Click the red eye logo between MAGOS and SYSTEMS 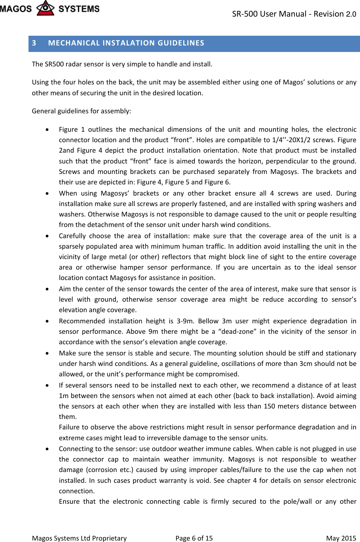[x=45, y=8]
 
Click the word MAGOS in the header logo [x=16, y=9]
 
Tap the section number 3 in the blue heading [x=34, y=43]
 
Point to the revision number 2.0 [x=351, y=14]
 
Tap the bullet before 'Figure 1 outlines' [x=48, y=130]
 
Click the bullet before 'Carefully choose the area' [x=48, y=236]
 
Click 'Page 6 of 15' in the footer [x=194, y=538]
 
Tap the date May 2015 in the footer [x=341, y=538]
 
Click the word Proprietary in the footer [x=109, y=538]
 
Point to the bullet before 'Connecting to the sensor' [x=48, y=449]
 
